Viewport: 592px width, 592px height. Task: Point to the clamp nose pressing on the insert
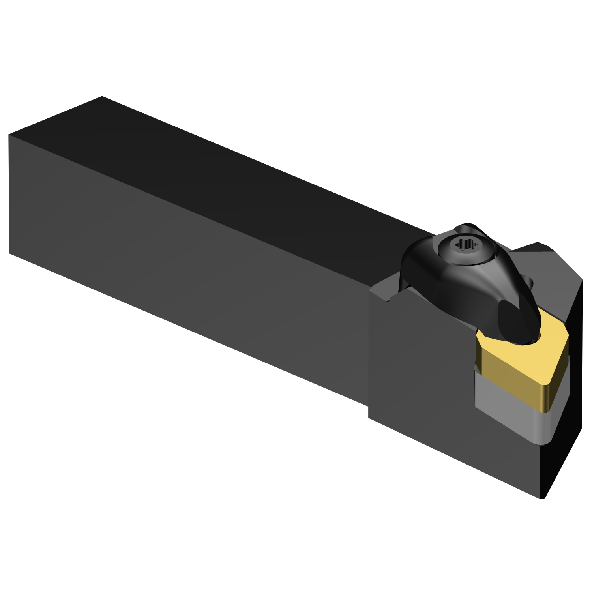pyautogui.click(x=517, y=324)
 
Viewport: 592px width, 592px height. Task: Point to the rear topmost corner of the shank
pyautogui.click(x=102, y=96)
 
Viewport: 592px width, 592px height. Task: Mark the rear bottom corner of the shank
pyautogui.click(x=9, y=253)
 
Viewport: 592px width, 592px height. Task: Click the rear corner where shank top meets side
pyautogui.click(x=9, y=135)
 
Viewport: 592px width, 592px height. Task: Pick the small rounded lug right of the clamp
pyautogui.click(x=529, y=282)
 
